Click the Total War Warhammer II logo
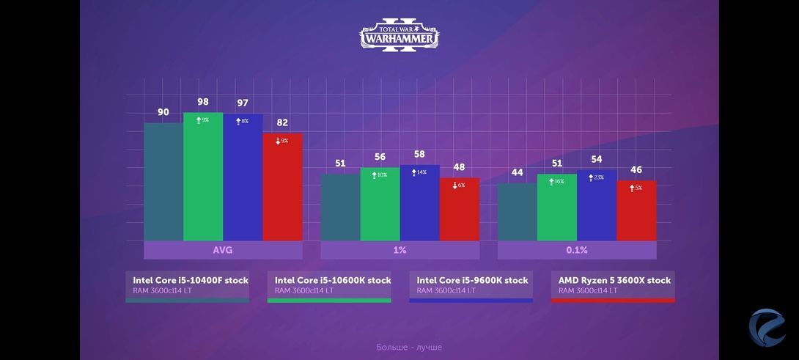tap(399, 35)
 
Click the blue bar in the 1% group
tap(420, 203)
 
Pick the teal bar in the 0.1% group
tap(518, 212)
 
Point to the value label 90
tap(163, 112)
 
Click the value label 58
tap(419, 154)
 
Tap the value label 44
tap(518, 172)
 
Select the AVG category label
tap(223, 250)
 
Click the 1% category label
tap(399, 250)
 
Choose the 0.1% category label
tap(577, 250)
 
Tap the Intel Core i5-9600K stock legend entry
tap(471, 285)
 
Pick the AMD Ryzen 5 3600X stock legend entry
tap(614, 285)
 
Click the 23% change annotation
tap(595, 177)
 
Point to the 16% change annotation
tap(556, 181)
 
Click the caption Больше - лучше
tap(409, 347)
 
